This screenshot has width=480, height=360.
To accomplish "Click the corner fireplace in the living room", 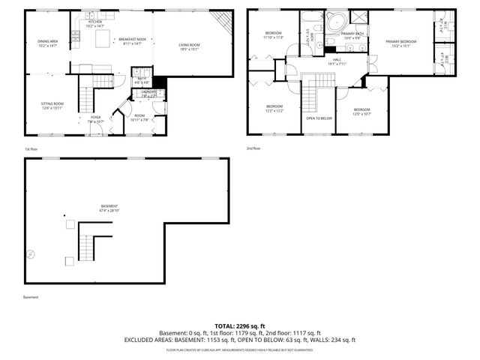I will pyautogui.click(x=219, y=22).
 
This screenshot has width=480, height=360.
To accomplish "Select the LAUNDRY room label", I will pyautogui.click(x=149, y=94).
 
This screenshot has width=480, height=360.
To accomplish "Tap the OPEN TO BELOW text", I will pyautogui.click(x=319, y=118).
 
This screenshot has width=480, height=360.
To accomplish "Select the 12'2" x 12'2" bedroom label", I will pyautogui.click(x=274, y=109).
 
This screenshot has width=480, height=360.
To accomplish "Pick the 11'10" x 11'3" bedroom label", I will pyautogui.click(x=274, y=34).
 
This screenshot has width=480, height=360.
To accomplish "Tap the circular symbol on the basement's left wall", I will pyautogui.click(x=31, y=254).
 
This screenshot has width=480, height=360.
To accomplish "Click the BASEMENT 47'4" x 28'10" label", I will pyautogui.click(x=109, y=208).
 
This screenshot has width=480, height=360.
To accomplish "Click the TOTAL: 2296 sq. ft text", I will pyautogui.click(x=239, y=325).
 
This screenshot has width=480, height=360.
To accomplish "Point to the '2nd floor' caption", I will pyautogui.click(x=254, y=148).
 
